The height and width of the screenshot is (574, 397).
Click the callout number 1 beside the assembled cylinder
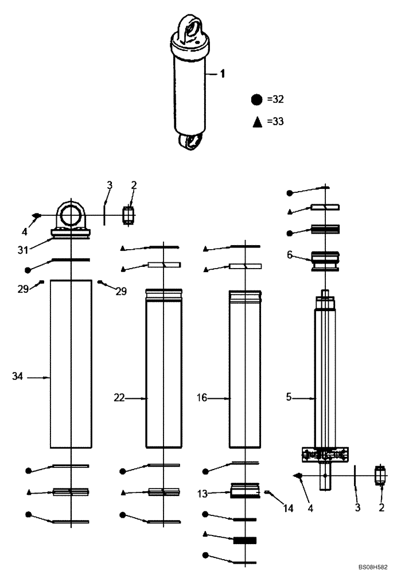pyautogui.click(x=223, y=73)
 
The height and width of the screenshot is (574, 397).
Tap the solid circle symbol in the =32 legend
pyautogui.click(x=257, y=99)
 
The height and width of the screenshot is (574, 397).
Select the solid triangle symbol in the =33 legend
pyautogui.click(x=257, y=121)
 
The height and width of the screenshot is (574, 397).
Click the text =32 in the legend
pyautogui.click(x=275, y=99)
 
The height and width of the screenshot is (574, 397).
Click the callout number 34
pyautogui.click(x=17, y=377)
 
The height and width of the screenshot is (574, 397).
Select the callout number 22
pyautogui.click(x=119, y=397)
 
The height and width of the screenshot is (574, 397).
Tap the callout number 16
pyautogui.click(x=203, y=397)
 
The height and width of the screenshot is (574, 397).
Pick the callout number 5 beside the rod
pyautogui.click(x=290, y=396)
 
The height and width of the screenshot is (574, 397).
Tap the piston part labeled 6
pyautogui.click(x=325, y=259)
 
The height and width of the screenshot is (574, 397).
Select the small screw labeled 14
pyautogui.click(x=268, y=492)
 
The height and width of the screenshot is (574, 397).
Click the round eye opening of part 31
pyautogui.click(x=72, y=214)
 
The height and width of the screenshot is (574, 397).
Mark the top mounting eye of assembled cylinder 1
pyautogui.click(x=190, y=29)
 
